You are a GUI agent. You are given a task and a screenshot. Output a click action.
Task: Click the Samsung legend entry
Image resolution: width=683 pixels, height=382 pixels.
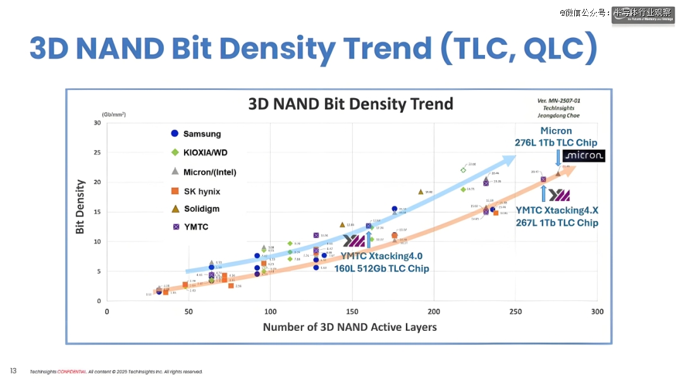(x=202, y=134)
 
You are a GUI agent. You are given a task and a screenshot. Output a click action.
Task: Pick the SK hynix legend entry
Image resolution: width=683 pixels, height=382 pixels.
(x=201, y=191)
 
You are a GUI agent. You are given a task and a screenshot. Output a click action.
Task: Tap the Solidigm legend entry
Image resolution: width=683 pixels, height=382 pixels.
(x=201, y=209)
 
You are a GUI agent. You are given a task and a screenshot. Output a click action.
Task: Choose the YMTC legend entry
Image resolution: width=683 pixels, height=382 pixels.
(x=195, y=227)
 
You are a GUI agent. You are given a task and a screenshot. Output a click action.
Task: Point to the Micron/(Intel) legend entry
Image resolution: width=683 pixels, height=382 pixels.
(x=209, y=172)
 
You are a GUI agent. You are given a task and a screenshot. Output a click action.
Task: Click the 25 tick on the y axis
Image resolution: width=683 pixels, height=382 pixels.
(x=97, y=152)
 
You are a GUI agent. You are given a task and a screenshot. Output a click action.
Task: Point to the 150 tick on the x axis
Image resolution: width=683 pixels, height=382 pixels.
(x=352, y=312)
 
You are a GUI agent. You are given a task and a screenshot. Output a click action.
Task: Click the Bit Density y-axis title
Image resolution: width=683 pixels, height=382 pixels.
(x=80, y=207)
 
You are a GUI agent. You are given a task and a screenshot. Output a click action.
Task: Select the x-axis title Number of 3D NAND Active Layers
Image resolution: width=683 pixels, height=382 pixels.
(x=350, y=327)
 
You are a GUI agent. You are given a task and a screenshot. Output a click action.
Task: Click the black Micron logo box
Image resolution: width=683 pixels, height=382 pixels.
(x=584, y=156)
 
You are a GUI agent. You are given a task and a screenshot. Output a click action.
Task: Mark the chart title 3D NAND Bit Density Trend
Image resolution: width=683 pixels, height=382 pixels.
(x=350, y=104)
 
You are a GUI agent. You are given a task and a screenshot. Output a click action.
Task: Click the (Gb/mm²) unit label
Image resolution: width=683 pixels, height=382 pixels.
(x=114, y=114)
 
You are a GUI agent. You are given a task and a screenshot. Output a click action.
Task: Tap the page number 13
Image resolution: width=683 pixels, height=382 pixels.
(x=13, y=371)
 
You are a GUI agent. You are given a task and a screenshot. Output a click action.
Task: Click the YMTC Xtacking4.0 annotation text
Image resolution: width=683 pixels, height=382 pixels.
(x=381, y=256)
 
